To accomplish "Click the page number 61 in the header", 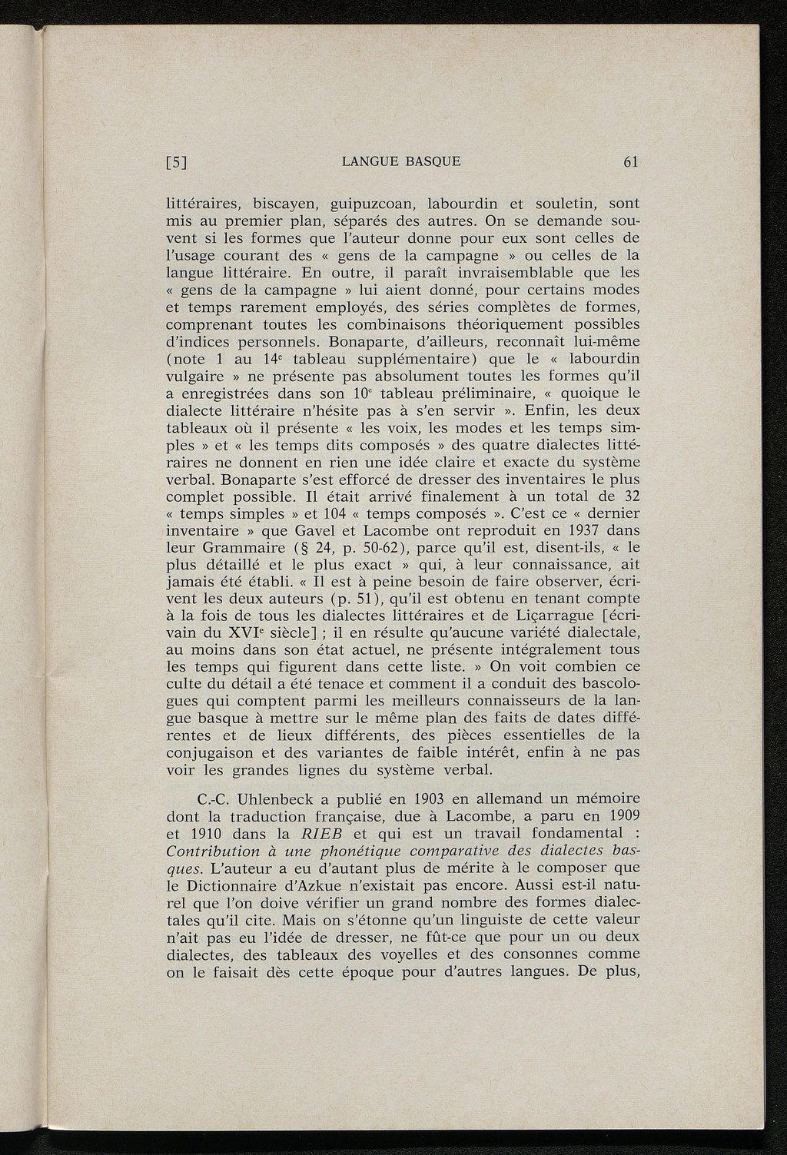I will pyautogui.click(x=632, y=161).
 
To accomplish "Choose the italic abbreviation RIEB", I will pyautogui.click(x=320, y=834).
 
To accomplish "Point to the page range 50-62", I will pyautogui.click(x=377, y=548).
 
